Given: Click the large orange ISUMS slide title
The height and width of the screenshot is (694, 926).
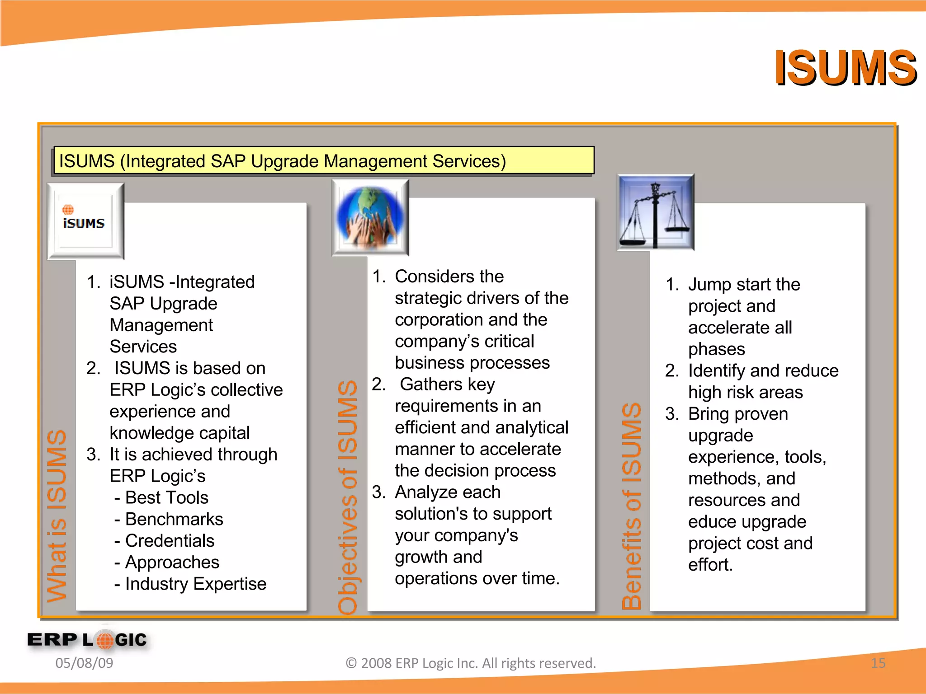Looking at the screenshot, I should pos(845,68).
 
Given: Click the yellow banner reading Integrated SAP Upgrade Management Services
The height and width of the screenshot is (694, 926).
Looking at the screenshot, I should pos(323,161).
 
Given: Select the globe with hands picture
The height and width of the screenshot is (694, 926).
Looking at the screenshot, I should pos(370,217).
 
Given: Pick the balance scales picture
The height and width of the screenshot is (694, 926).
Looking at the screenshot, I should pos(655,212).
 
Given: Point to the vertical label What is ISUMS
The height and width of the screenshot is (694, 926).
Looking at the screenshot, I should pos(57,515).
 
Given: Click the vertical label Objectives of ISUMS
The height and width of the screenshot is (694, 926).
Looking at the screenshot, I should pos(348,497).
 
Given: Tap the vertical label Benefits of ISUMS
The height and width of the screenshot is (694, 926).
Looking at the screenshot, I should pos(631,506).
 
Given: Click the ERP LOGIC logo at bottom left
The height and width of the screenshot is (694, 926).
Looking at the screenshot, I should pos(87,639).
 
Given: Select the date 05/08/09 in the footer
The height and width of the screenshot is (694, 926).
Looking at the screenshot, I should pos(84,663).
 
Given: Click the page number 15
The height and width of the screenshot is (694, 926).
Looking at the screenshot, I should pos(878,663).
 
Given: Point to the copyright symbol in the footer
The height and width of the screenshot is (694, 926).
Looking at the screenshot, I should pos(351,663).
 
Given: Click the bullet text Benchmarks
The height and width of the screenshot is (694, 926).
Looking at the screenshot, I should pos(174,519).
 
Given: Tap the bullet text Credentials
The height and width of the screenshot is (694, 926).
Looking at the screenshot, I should pos(170,541).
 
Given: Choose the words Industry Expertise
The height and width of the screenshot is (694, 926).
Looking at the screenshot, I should pos(196,584).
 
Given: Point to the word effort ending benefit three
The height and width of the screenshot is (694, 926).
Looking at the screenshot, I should pos(709,565).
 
